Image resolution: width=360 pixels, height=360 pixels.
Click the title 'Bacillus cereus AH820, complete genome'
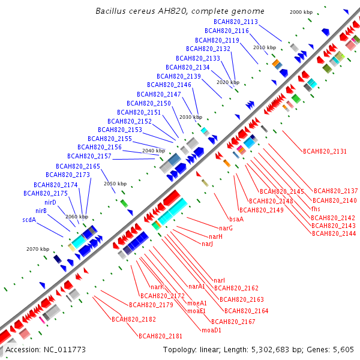click(x=179, y=11)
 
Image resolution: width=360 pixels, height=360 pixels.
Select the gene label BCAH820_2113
click(x=239, y=22)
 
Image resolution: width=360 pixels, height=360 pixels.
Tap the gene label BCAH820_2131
click(x=325, y=151)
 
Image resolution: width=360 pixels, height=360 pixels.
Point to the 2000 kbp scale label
click(x=301, y=12)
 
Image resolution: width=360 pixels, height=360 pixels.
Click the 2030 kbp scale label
click(x=191, y=117)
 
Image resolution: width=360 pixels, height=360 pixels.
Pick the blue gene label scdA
click(x=29, y=220)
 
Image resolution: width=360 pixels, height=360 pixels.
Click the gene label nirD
click(x=50, y=202)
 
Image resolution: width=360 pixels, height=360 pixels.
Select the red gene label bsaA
click(x=236, y=219)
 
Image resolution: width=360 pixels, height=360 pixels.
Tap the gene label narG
click(x=226, y=228)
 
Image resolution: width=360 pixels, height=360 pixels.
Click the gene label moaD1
click(x=211, y=330)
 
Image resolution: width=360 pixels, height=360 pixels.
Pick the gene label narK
click(x=157, y=287)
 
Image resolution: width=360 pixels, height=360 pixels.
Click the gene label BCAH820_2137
click(x=335, y=191)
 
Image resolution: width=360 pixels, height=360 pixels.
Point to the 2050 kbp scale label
click(x=115, y=184)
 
